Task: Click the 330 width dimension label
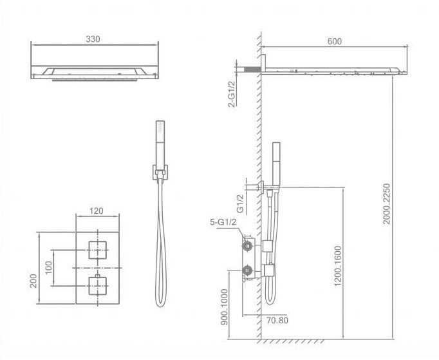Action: pyautogui.click(x=93, y=39)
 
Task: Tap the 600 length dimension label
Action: pyautogui.click(x=334, y=41)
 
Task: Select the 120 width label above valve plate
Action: pyautogui.click(x=96, y=210)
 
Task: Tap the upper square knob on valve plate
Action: pyautogui.click(x=96, y=247)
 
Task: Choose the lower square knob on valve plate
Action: pyautogui.click(x=96, y=283)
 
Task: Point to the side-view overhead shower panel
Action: pyautogui.click(x=335, y=69)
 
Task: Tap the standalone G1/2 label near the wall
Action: pyautogui.click(x=239, y=204)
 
